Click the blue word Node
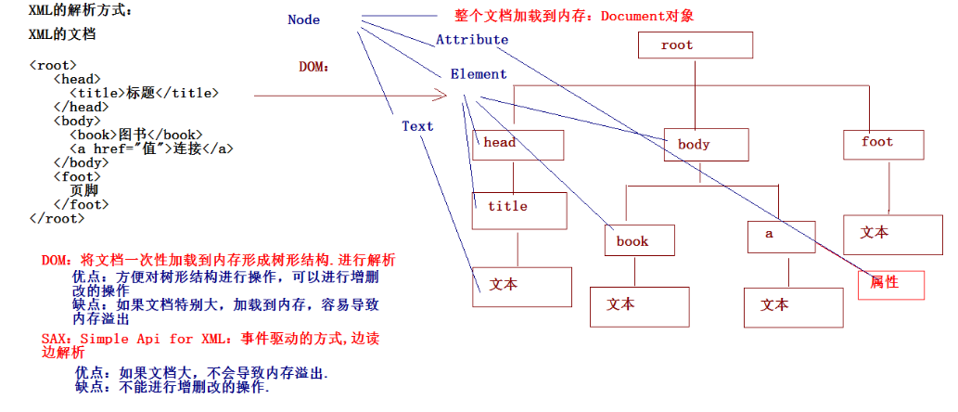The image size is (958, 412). click(303, 19)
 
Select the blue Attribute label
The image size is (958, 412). click(472, 40)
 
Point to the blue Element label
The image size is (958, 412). click(479, 74)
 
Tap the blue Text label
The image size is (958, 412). click(417, 126)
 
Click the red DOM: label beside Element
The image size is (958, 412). click(314, 67)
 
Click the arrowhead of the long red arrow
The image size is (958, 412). click(447, 96)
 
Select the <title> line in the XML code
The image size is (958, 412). click(144, 94)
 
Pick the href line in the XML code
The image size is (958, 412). click(151, 148)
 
